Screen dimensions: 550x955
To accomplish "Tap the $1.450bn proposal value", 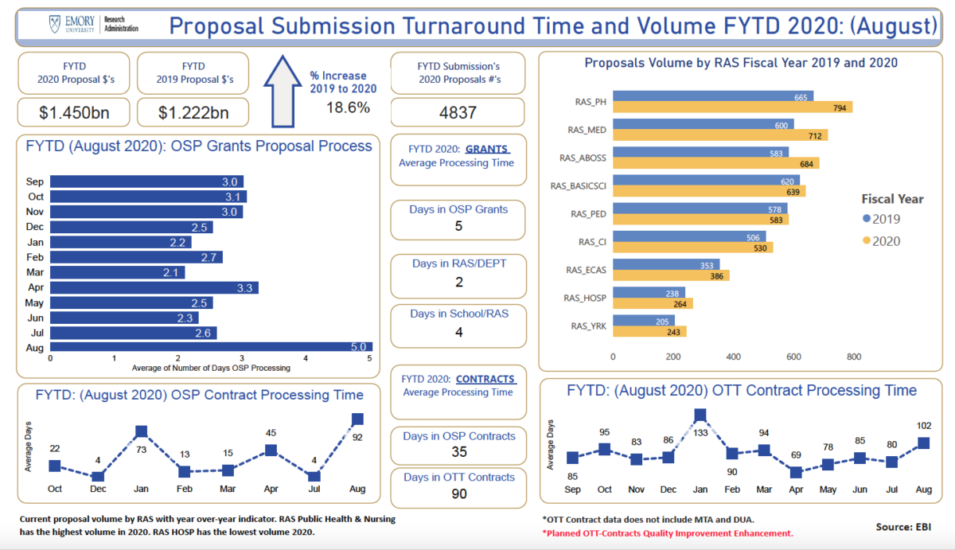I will click(x=73, y=112).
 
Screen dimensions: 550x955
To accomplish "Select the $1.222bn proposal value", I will click(x=193, y=112).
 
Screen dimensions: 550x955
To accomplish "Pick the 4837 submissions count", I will click(x=458, y=112).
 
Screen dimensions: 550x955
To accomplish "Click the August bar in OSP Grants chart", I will click(x=211, y=347).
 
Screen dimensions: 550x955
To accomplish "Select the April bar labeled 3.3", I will click(x=154, y=287).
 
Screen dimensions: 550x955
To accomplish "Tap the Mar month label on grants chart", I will click(x=34, y=272).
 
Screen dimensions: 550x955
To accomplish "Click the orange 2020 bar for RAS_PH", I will click(x=732, y=107).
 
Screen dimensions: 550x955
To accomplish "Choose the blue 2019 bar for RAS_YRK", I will click(x=644, y=320).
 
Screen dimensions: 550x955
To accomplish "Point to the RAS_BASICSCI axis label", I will click(x=579, y=185).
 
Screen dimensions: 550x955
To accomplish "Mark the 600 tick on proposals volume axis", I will click(x=793, y=357).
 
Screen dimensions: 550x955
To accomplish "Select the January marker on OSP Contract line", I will click(x=141, y=431).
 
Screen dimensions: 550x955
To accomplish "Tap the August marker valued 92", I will click(x=357, y=419).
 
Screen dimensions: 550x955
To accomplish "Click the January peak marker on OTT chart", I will click(x=700, y=415).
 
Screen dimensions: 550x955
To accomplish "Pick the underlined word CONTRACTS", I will click(x=485, y=379).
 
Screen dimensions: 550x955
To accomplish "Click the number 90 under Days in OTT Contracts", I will click(x=459, y=493).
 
